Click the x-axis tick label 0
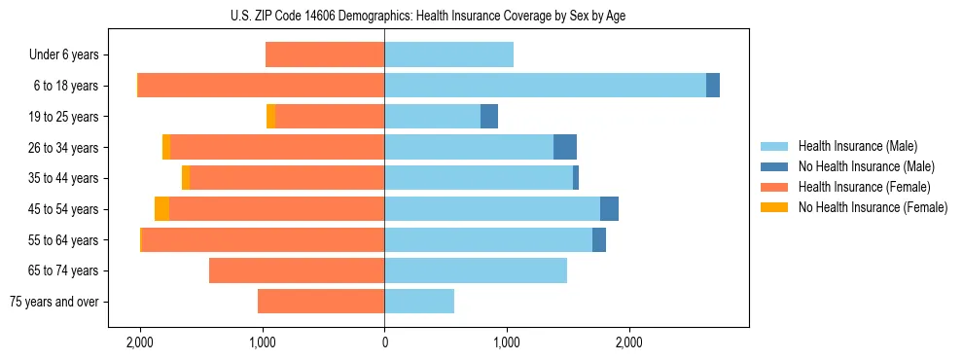384,342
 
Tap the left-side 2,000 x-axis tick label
140,342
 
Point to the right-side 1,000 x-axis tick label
506,342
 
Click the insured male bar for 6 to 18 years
545,86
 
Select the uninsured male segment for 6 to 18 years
713,86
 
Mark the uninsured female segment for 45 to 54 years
161,209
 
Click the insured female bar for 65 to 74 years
297,270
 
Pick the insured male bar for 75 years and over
419,302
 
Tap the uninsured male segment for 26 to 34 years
565,148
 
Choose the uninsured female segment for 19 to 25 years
270,117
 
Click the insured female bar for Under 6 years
325,55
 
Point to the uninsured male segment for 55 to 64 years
599,240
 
